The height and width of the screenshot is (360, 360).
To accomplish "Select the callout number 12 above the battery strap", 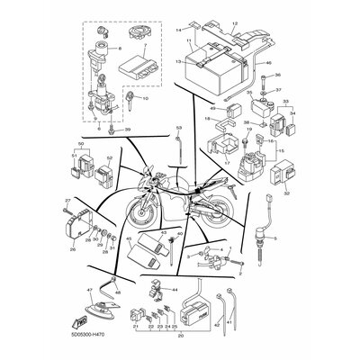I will (x=237, y=21).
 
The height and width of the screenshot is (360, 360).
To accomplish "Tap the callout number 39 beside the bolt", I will (x=128, y=130).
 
